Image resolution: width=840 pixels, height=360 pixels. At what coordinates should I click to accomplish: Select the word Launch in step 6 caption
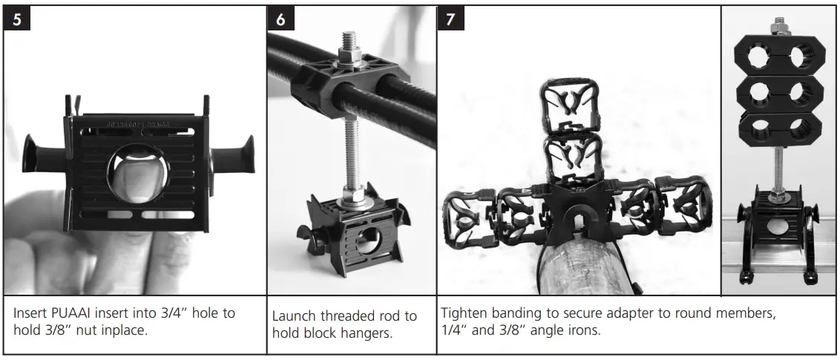pyautogui.click(x=295, y=317)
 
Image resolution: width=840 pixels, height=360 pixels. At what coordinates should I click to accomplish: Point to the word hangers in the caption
pyautogui.click(x=368, y=333)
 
